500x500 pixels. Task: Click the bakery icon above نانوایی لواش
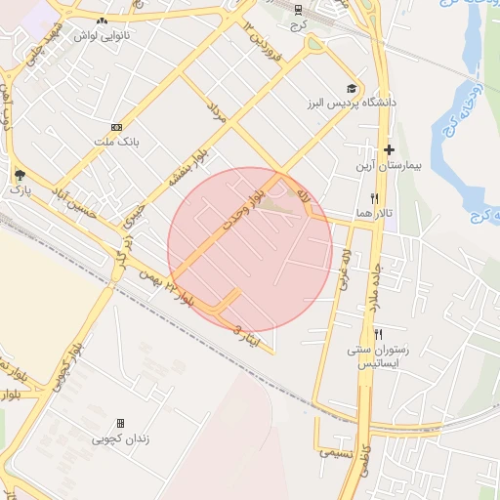coord(103,20)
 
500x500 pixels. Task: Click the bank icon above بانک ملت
coord(117,127)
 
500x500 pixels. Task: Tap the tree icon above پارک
coord(20,175)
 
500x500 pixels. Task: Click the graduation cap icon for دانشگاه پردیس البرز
coord(351,87)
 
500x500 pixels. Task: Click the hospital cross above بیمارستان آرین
coord(389,149)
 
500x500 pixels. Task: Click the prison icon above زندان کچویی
coord(121,423)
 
